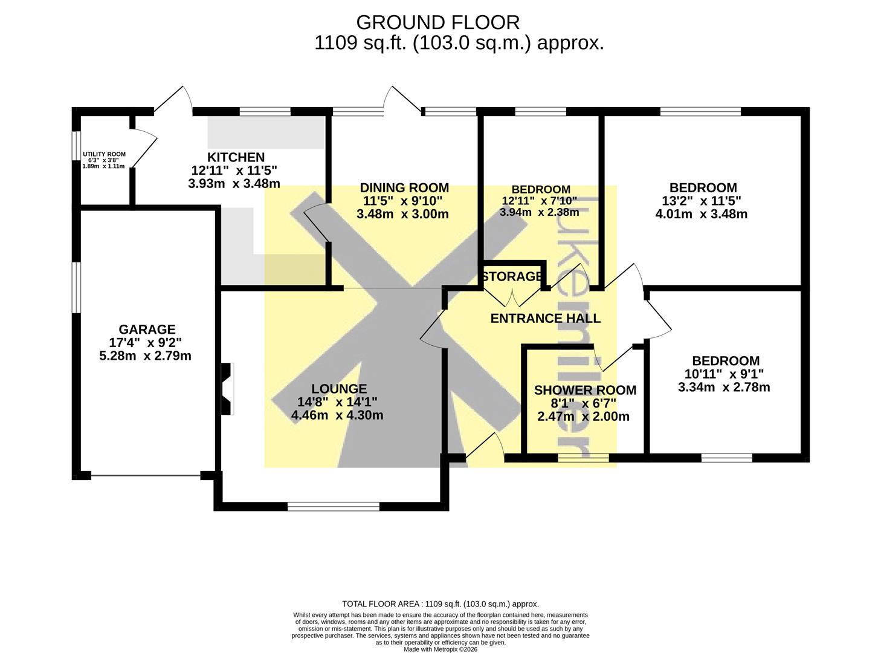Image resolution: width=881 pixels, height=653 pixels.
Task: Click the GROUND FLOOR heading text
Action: pyautogui.click(x=437, y=22)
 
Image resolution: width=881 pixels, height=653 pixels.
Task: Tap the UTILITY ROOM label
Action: pyautogui.click(x=104, y=154)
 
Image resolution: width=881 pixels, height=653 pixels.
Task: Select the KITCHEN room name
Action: pyautogui.click(x=236, y=157)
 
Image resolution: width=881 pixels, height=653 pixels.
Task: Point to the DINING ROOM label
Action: pyautogui.click(x=404, y=187)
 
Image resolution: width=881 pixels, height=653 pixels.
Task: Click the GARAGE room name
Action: pyautogui.click(x=147, y=329)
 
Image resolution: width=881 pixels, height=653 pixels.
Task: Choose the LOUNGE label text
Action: pyautogui.click(x=339, y=388)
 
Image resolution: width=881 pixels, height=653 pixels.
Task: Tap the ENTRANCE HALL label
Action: pyautogui.click(x=546, y=318)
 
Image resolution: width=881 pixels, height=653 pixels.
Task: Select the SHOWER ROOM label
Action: pyautogui.click(x=585, y=390)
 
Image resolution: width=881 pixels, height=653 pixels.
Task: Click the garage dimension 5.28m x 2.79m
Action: pyautogui.click(x=146, y=356)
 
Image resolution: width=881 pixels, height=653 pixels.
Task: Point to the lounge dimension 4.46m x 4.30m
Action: pyautogui.click(x=337, y=415)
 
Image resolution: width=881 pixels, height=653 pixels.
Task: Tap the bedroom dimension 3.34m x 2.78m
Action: pyautogui.click(x=724, y=387)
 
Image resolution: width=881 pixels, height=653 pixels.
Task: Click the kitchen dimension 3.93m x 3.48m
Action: pyautogui.click(x=234, y=184)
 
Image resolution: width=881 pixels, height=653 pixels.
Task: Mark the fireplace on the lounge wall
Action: pyautogui.click(x=227, y=389)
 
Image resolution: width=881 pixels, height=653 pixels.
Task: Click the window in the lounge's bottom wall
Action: pyautogui.click(x=334, y=506)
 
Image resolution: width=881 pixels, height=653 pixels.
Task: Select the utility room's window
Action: pyautogui.click(x=76, y=146)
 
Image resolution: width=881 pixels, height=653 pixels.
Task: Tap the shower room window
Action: pyautogui.click(x=583, y=458)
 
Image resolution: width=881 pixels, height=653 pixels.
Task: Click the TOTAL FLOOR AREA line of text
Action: pyautogui.click(x=441, y=604)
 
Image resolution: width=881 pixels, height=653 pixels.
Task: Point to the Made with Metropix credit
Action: pyautogui.click(x=441, y=649)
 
